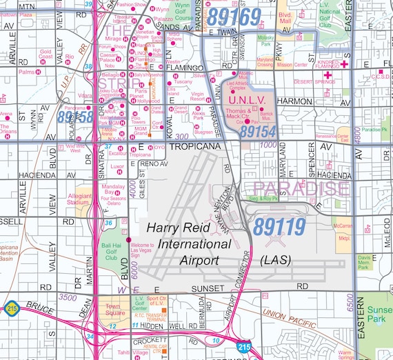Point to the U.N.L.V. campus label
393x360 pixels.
(x=260, y=101)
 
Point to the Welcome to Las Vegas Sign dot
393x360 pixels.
(x=128, y=240)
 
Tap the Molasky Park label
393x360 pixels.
(x=265, y=43)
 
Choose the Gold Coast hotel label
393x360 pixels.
(x=46, y=53)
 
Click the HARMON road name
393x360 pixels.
(x=294, y=101)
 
